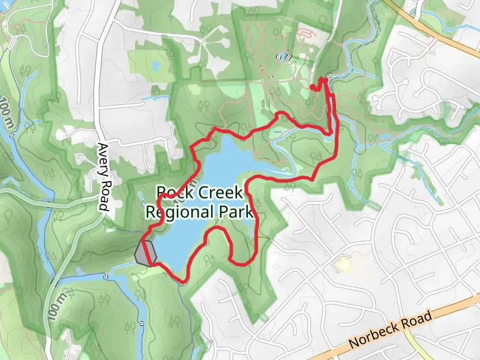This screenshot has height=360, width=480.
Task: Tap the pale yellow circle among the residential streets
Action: pyautogui.click(x=343, y=264)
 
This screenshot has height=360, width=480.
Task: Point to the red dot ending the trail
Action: pyautogui.click(x=313, y=88)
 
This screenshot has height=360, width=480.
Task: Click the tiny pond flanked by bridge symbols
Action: pyautogui.click(x=281, y=57)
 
